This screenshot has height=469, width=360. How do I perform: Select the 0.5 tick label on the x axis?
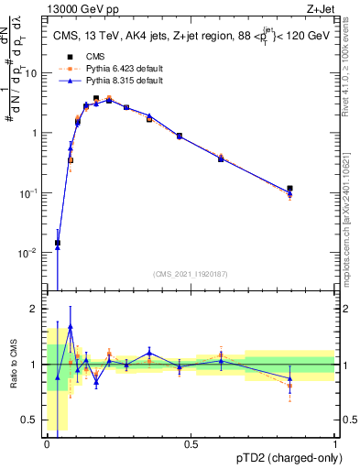click(x=191, y=444)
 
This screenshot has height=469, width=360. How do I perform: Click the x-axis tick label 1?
click(x=334, y=444)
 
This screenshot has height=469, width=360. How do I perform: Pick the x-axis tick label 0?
click(x=47, y=444)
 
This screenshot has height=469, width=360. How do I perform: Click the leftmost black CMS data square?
click(x=58, y=243)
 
